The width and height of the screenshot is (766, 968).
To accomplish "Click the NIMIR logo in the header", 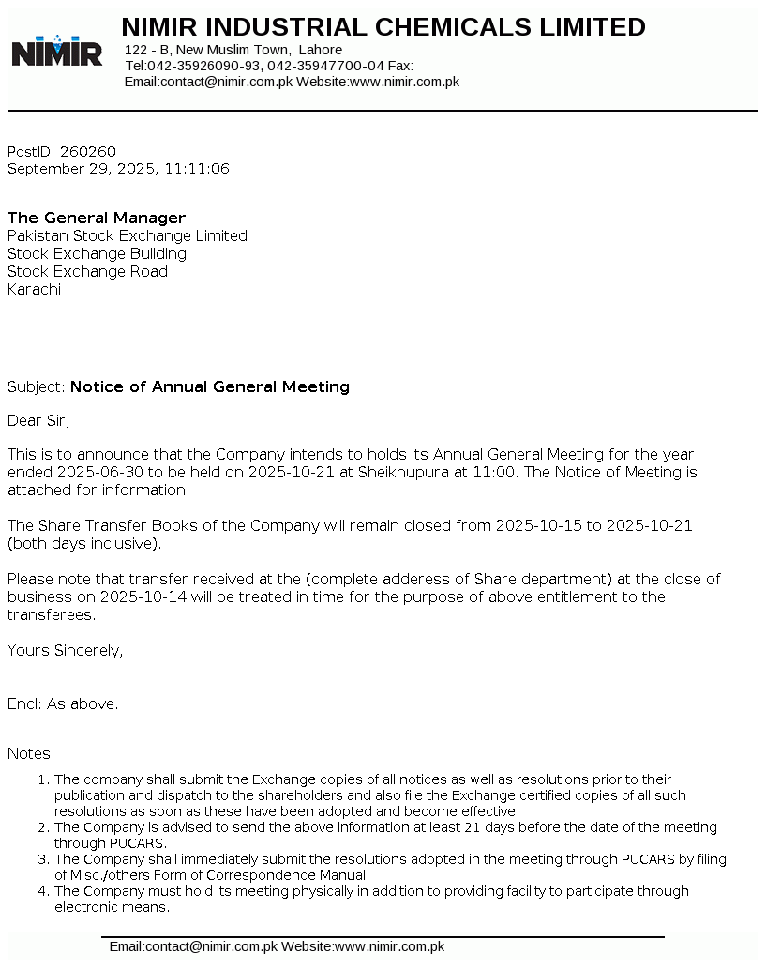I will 56,51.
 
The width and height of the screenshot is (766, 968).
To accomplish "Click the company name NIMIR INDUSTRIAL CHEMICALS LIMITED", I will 383,27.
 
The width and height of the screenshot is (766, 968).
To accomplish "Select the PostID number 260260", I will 88,152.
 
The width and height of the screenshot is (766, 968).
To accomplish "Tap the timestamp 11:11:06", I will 197,169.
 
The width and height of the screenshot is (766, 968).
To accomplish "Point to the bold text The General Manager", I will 97,219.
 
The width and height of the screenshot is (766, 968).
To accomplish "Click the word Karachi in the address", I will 34,290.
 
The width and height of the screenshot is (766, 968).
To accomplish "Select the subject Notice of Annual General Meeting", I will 210,386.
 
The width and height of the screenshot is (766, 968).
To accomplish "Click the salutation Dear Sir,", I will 38,420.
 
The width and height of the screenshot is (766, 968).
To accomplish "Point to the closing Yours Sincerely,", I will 65,650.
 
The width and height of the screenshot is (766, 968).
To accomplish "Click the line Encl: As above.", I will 63,703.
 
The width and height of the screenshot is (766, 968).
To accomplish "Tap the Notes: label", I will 31,753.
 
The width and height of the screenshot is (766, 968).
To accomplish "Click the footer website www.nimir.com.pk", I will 389,947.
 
